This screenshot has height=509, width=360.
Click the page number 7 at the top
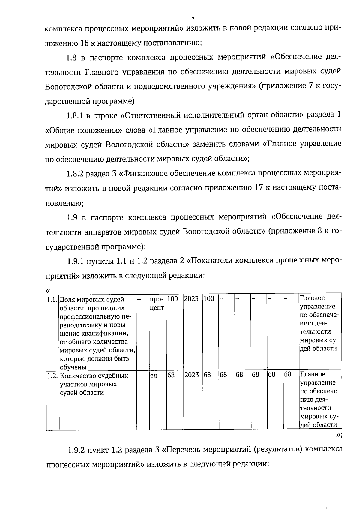coord(193,19)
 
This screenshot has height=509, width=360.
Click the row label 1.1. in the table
coord(52,299)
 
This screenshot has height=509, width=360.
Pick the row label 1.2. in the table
coord(52,375)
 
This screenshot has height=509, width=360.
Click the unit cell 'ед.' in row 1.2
coord(154,375)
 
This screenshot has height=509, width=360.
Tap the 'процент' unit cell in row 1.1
coord(157,303)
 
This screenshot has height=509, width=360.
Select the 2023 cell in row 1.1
coord(191,299)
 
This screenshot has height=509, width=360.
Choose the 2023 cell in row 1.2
coord(191,375)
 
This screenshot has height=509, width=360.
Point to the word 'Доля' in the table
coord(67,299)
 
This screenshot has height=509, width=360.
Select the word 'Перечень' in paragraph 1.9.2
coord(184,450)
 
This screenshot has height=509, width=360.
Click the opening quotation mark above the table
coord(47,290)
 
